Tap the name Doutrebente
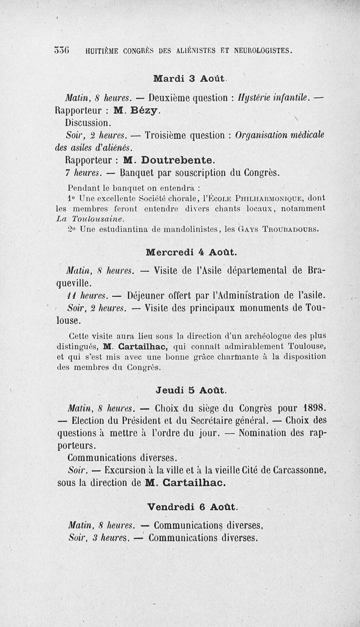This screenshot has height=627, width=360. tap(178, 159)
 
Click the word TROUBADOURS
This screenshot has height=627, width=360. tap(292, 230)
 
